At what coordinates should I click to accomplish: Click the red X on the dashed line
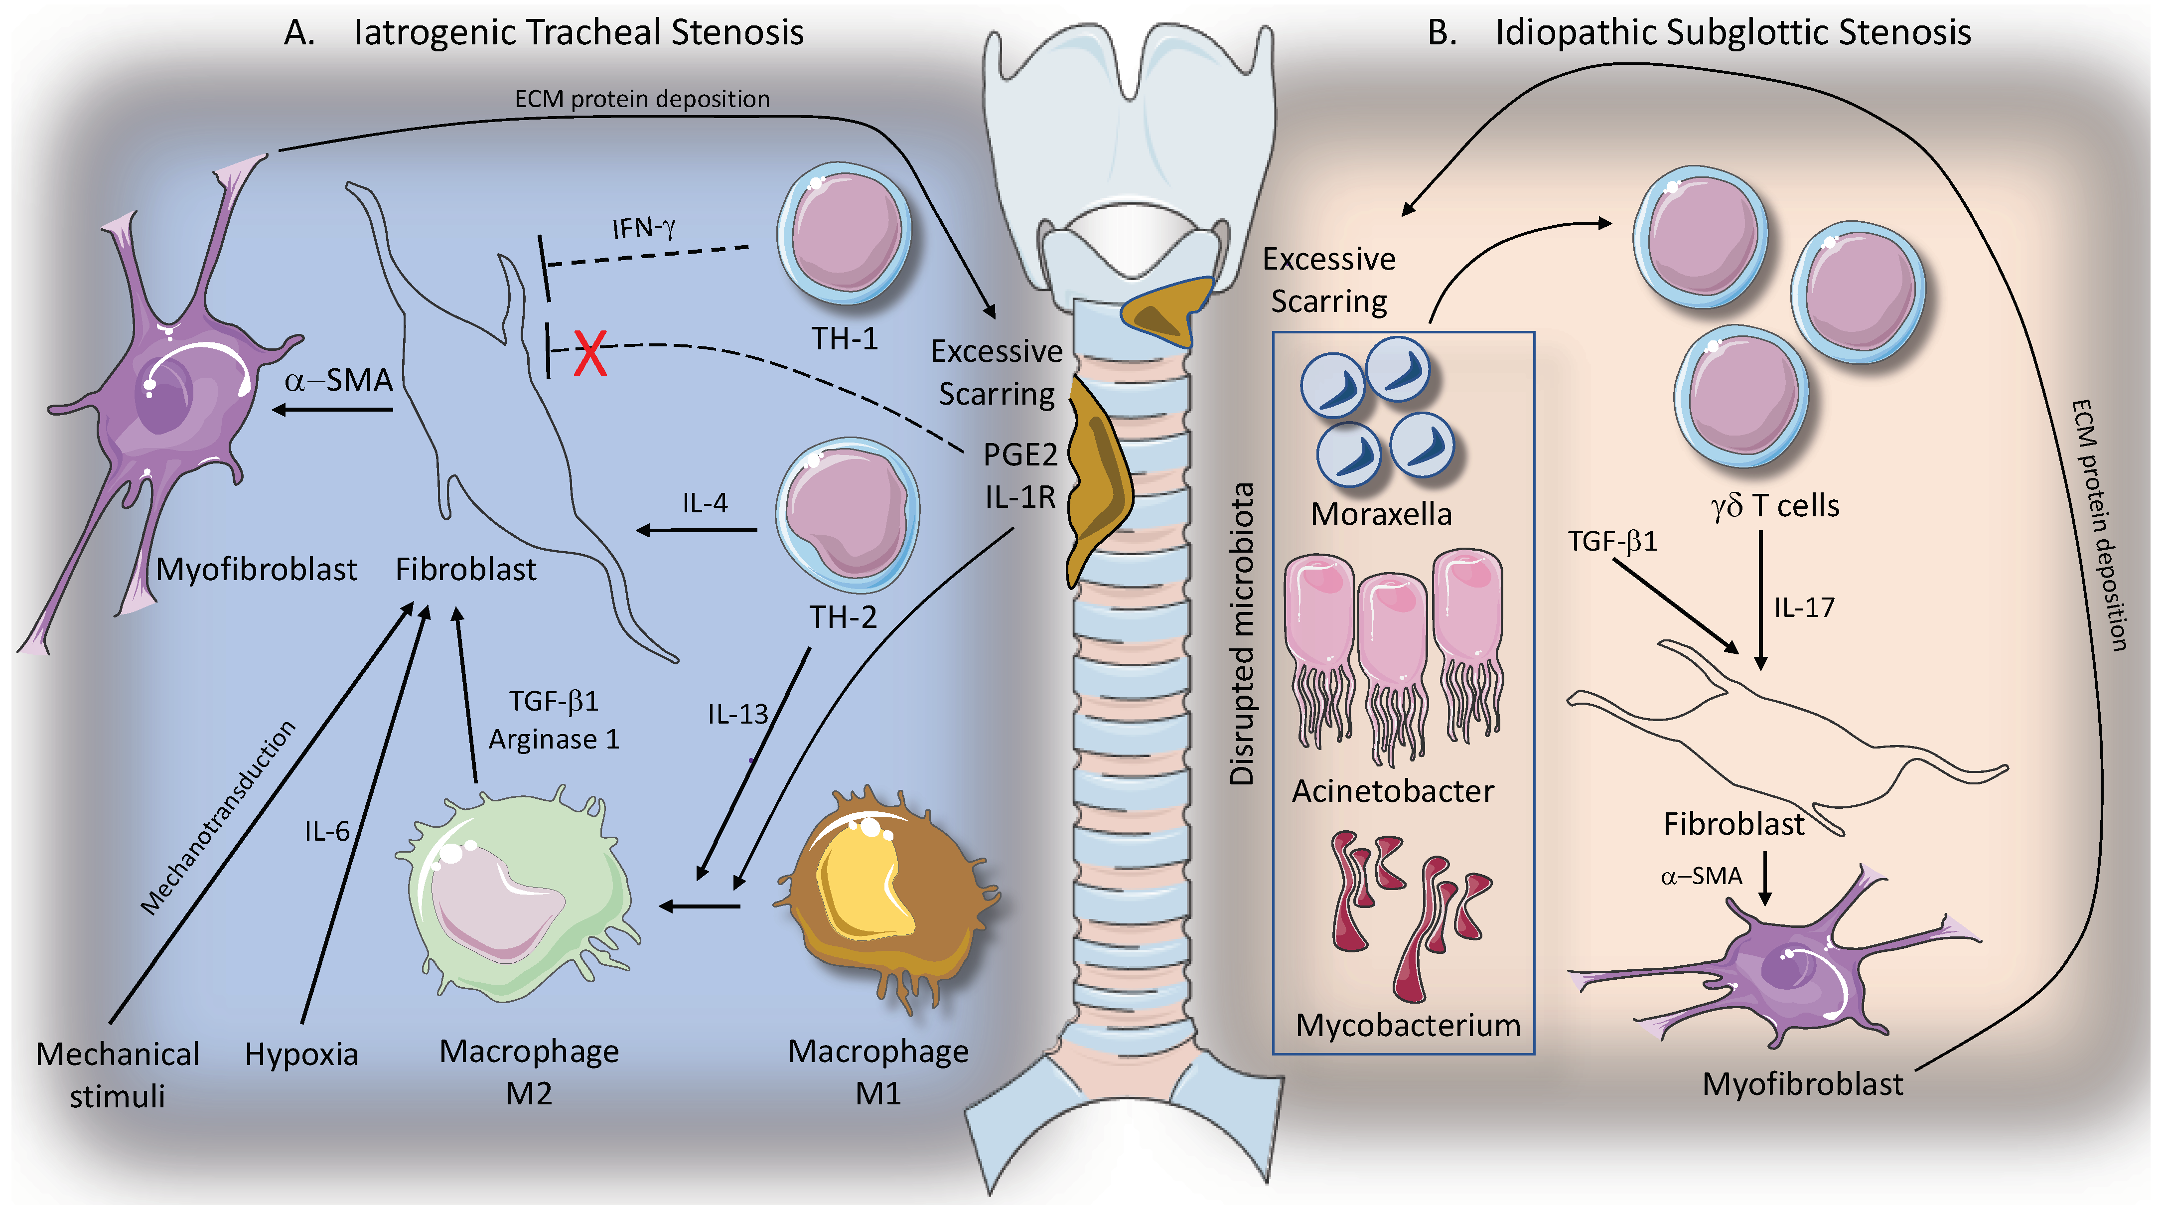click(x=590, y=353)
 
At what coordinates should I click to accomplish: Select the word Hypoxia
click(x=302, y=1054)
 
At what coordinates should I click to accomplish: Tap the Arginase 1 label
click(x=554, y=740)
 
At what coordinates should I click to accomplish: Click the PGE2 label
click(x=1020, y=454)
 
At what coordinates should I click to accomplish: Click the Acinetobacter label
click(x=1393, y=791)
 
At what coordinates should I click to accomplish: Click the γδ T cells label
click(x=1775, y=506)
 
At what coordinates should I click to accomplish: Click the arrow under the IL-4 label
click(x=696, y=530)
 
